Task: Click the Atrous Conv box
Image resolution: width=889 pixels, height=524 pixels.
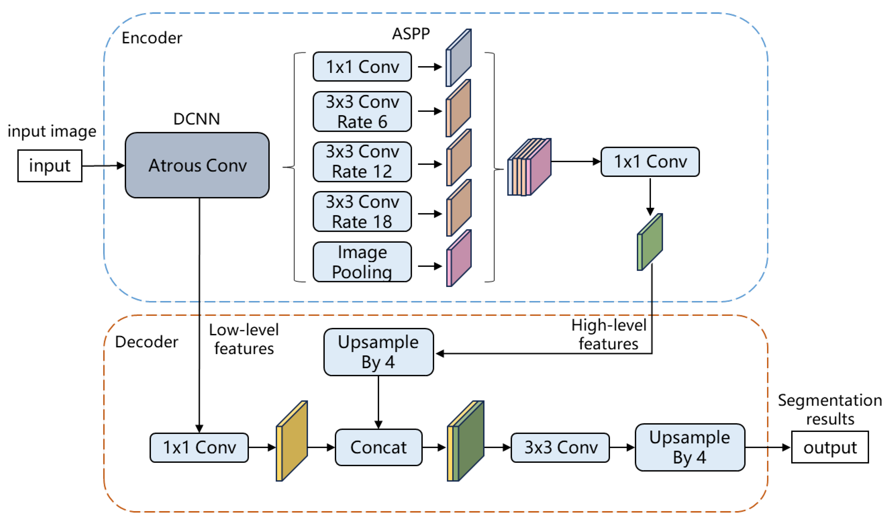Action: pyautogui.click(x=197, y=165)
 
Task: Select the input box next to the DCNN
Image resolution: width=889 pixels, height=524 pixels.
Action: pyautogui.click(x=50, y=166)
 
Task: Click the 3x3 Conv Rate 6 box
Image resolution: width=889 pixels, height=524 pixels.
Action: pyautogui.click(x=362, y=111)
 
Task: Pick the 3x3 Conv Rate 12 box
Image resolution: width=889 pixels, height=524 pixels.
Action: pyautogui.click(x=362, y=162)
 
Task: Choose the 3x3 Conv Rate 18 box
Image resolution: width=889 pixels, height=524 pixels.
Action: pyautogui.click(x=362, y=212)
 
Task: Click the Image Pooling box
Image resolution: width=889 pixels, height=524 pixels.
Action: pyautogui.click(x=362, y=262)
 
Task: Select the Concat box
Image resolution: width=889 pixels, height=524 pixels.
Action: pyautogui.click(x=378, y=447)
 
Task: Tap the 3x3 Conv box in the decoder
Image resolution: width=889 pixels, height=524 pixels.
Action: pyautogui.click(x=560, y=447)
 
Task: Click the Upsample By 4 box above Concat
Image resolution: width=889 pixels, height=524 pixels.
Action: pyautogui.click(x=378, y=352)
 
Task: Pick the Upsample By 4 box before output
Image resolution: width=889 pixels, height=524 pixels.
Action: pyautogui.click(x=689, y=447)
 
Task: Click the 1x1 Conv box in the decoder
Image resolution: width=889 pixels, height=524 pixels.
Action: pyautogui.click(x=199, y=447)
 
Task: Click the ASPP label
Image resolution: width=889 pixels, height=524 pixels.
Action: pyautogui.click(x=410, y=34)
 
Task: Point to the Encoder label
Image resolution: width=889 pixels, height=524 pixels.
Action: pyautogui.click(x=152, y=38)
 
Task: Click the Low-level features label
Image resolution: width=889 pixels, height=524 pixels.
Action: pyautogui.click(x=244, y=339)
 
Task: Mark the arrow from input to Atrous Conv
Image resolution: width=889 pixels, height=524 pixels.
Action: pyautogui.click(x=103, y=166)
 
